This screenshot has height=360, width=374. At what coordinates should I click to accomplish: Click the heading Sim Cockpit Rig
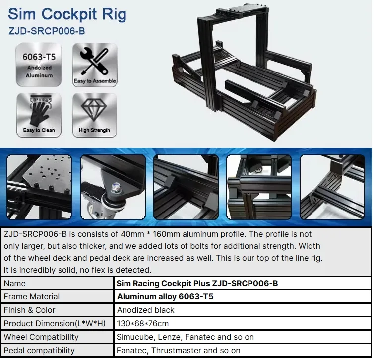click(67, 14)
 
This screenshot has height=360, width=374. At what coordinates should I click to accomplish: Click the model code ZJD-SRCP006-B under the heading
click(47, 31)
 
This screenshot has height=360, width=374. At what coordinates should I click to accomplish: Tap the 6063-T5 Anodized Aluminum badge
click(39, 65)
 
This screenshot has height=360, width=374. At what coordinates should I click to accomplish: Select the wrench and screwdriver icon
click(94, 61)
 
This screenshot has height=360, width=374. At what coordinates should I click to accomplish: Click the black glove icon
click(39, 113)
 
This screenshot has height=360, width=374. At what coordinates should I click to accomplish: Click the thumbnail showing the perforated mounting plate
click(39, 187)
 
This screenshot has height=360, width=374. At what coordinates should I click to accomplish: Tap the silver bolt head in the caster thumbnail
click(116, 186)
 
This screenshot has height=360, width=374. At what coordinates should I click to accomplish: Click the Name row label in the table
click(15, 283)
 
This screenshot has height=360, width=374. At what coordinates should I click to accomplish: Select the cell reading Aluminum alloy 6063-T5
click(165, 296)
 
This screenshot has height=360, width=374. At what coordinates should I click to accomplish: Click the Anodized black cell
click(145, 310)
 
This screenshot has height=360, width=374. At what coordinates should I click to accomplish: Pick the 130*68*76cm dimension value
click(142, 323)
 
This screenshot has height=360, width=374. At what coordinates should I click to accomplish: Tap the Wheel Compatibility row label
click(41, 337)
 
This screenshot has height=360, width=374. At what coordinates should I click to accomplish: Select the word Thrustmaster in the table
click(176, 350)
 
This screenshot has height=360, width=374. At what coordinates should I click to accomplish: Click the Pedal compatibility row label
click(39, 350)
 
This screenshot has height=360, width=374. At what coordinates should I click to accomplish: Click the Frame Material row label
click(32, 296)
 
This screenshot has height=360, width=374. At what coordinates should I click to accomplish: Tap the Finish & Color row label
click(30, 310)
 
